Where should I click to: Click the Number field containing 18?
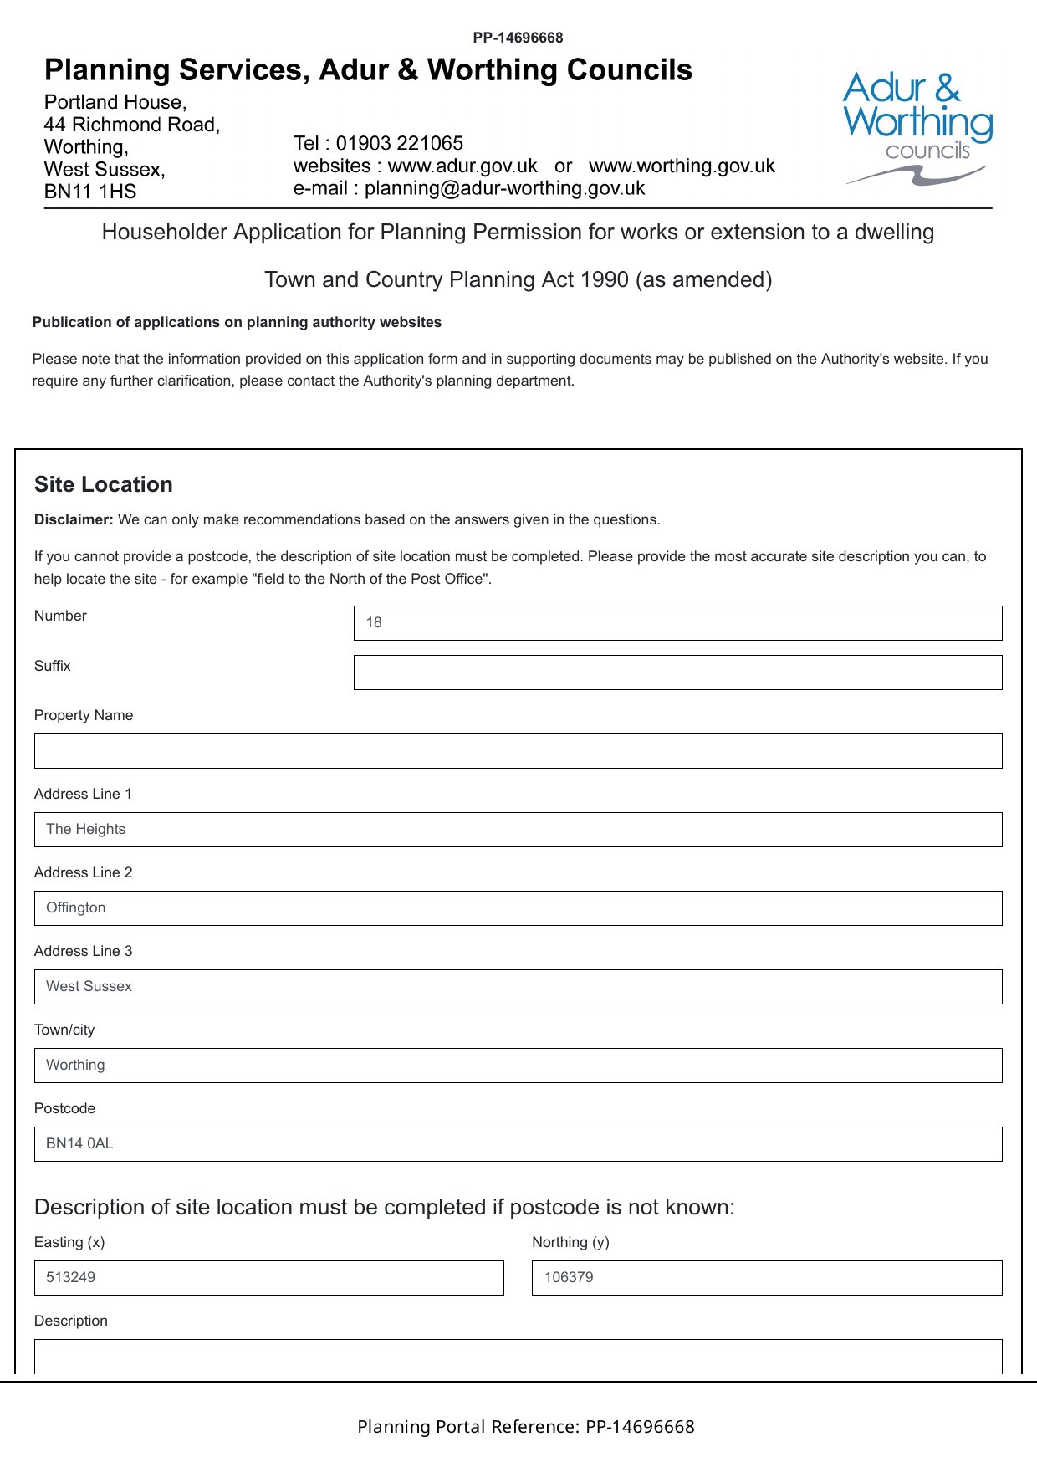[x=677, y=623]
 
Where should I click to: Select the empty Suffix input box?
[x=677, y=672]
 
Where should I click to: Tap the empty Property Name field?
[x=518, y=751]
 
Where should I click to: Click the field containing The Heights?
[x=518, y=830]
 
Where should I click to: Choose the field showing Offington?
[x=518, y=908]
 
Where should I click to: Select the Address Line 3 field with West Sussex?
[x=518, y=987]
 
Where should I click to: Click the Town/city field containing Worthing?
[x=518, y=1066]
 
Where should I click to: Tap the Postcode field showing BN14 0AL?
[x=518, y=1144]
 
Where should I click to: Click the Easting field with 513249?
[x=268, y=1278]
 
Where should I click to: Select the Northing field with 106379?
[x=766, y=1278]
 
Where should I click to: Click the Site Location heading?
[x=104, y=485]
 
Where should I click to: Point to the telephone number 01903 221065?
[x=399, y=143]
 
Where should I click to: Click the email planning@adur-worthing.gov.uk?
[x=504, y=188]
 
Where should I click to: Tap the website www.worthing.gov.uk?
[x=682, y=166]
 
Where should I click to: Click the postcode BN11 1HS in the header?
[x=90, y=192]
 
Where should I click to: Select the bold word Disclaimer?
[x=74, y=519]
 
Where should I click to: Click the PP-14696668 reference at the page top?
[x=518, y=38]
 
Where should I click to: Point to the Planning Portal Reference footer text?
[x=525, y=1427]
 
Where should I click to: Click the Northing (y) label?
[x=570, y=1242]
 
